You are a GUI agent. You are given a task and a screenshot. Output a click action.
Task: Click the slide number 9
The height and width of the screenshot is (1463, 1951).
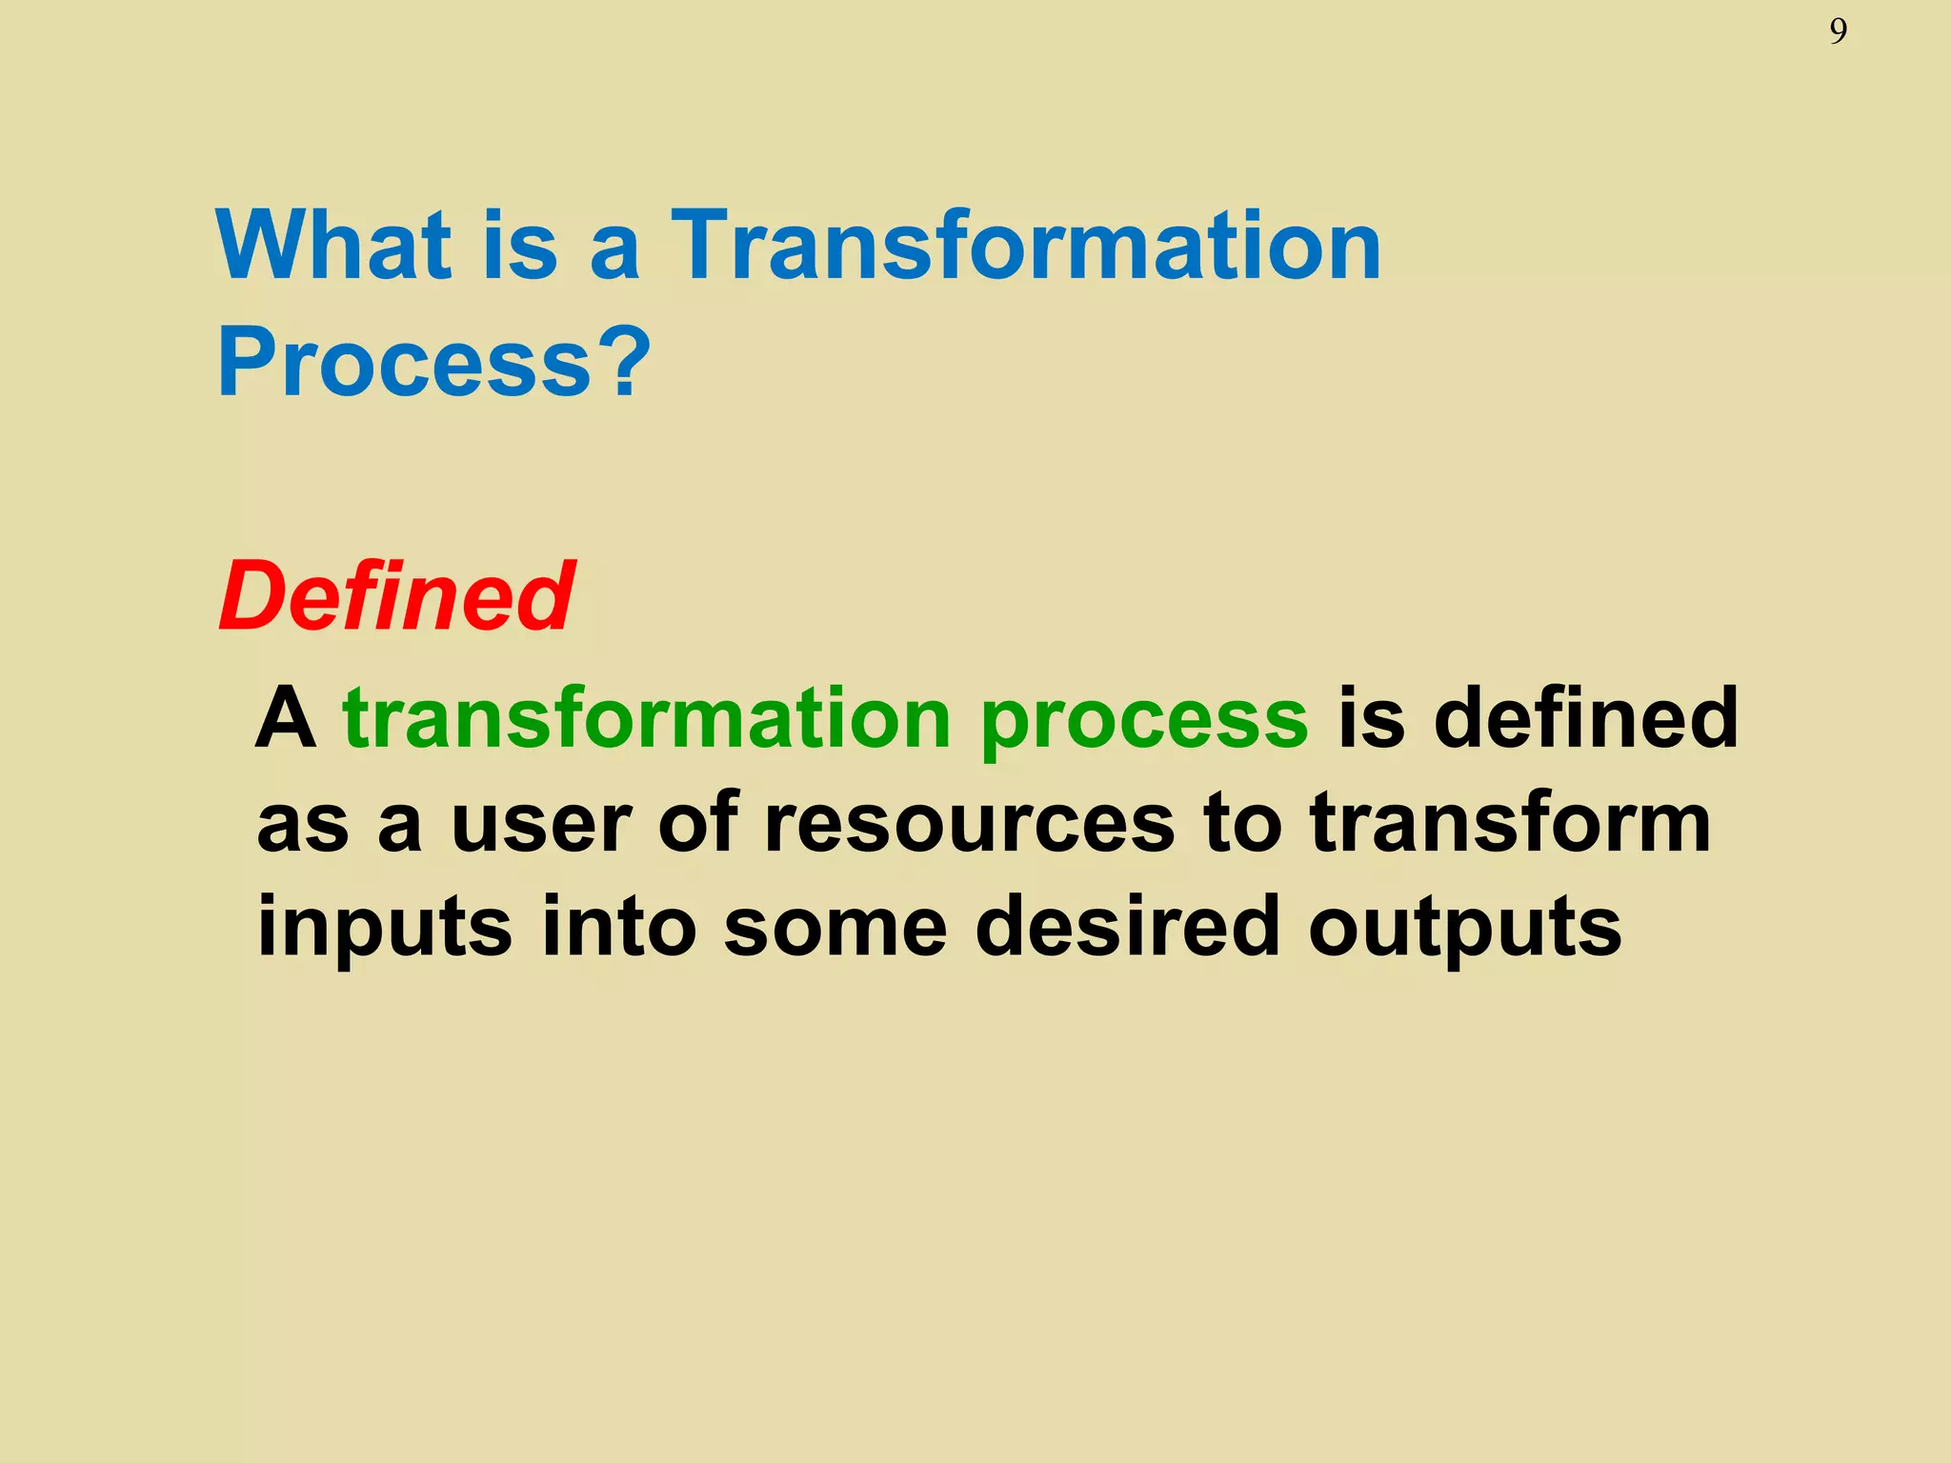(x=1838, y=32)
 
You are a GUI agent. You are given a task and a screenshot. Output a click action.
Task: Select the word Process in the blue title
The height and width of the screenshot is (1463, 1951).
(x=405, y=364)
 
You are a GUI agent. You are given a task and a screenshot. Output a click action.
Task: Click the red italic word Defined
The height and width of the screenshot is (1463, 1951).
(x=396, y=597)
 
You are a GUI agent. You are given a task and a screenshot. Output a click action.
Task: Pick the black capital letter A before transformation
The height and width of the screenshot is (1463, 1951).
(x=285, y=719)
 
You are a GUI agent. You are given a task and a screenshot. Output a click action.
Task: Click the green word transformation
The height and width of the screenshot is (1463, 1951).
(x=647, y=719)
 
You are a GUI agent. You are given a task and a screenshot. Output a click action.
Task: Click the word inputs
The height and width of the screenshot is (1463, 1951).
(x=385, y=929)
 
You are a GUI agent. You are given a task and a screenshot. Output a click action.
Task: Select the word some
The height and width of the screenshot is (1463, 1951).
(x=835, y=929)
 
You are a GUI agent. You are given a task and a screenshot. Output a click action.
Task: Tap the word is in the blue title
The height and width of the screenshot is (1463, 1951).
(x=520, y=246)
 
